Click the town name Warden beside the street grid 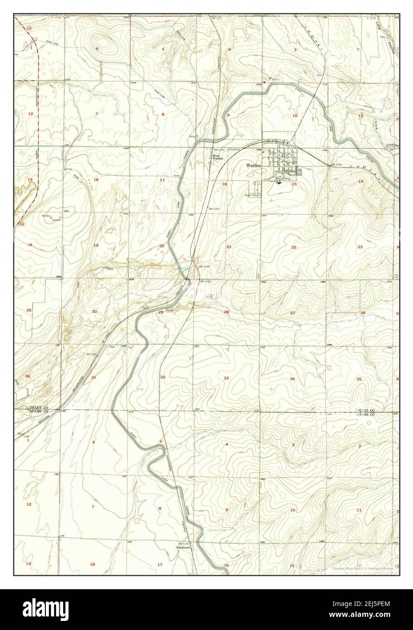(254, 166)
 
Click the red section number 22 (294, 247)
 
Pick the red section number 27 (293, 313)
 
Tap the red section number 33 (226, 378)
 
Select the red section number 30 (94, 311)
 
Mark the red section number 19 (96, 245)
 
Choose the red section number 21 (229, 247)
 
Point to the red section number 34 (293, 378)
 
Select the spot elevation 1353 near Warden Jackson (66, 211)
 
